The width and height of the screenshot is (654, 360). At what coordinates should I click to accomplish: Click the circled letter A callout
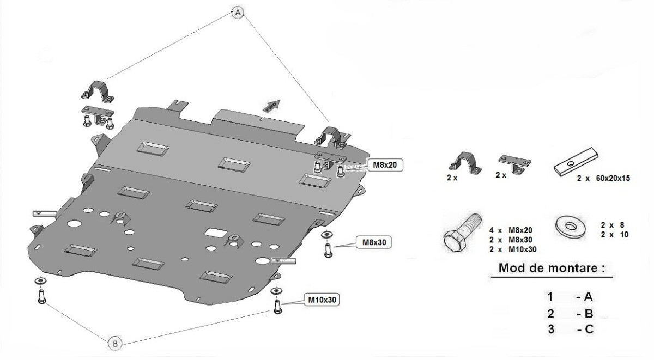pyautogui.click(x=237, y=11)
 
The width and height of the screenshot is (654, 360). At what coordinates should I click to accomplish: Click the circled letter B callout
pyautogui.click(x=115, y=343)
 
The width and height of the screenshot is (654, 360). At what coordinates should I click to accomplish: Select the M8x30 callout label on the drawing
pyautogui.click(x=373, y=241)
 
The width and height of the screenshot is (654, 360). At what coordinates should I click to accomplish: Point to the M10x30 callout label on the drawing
pyautogui.click(x=323, y=299)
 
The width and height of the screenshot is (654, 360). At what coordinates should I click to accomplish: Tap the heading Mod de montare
pyautogui.click(x=552, y=269)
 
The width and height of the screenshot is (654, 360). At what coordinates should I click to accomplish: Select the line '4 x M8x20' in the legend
pyautogui.click(x=512, y=230)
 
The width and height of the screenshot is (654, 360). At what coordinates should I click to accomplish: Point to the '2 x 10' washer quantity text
pyautogui.click(x=615, y=234)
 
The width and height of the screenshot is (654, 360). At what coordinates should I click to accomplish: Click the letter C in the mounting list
pyautogui.click(x=588, y=329)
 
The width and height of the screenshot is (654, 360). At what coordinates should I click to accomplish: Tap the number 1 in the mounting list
pyautogui.click(x=550, y=297)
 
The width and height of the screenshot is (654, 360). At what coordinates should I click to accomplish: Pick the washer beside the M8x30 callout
pyautogui.click(x=326, y=234)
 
